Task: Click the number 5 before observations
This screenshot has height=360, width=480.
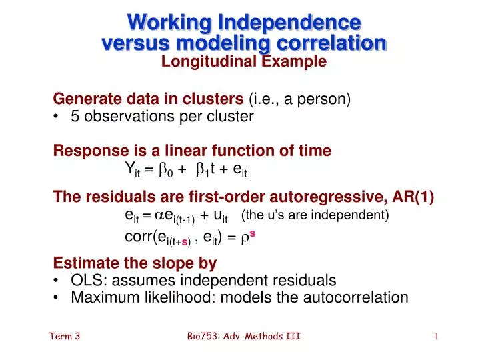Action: [75, 117]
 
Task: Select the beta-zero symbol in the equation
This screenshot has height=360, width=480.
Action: [166, 170]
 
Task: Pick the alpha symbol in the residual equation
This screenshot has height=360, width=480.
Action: [159, 215]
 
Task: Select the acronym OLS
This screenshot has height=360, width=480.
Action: [85, 280]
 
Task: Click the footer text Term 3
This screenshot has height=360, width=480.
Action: [65, 337]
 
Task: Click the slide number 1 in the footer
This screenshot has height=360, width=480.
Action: [436, 337]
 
